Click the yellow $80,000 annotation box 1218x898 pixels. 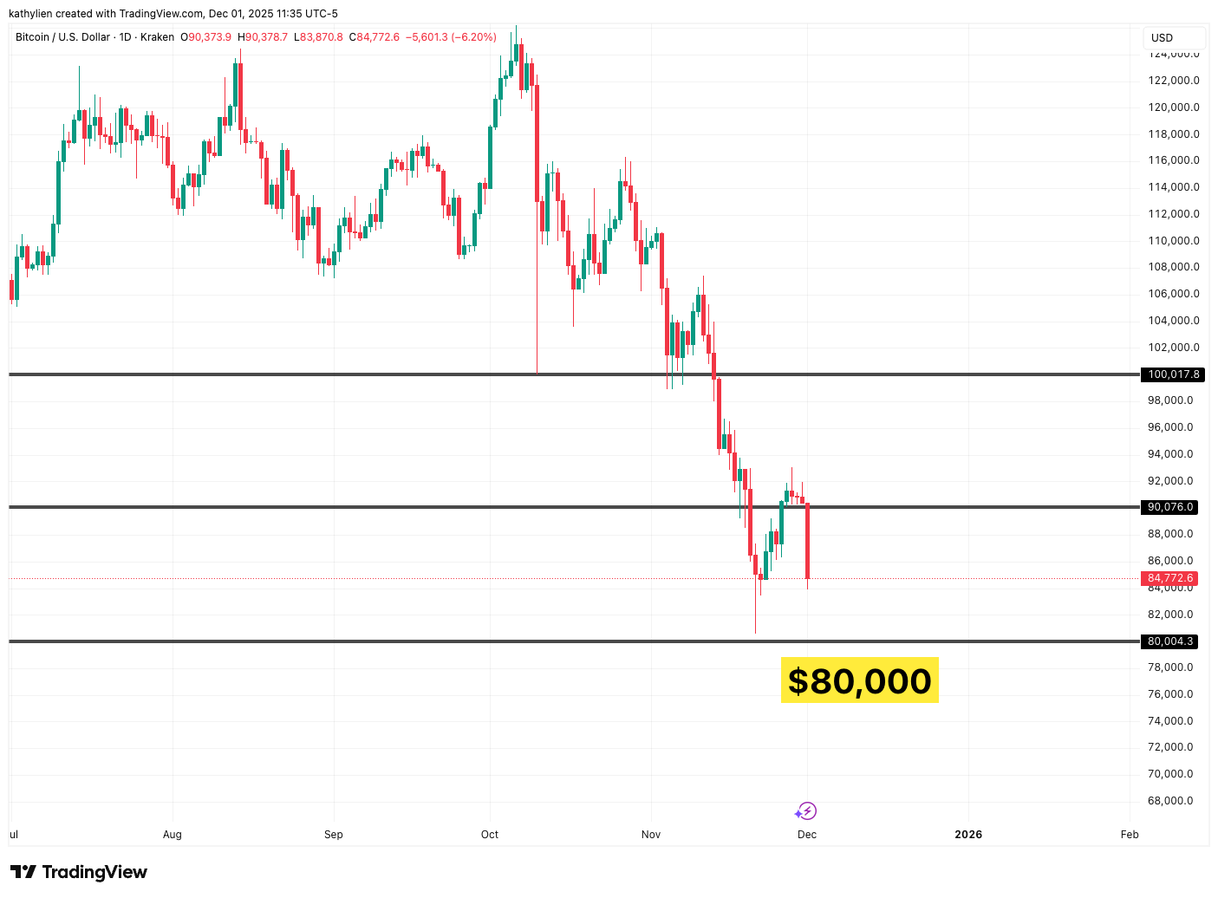click(859, 680)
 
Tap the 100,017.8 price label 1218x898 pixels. click(1173, 374)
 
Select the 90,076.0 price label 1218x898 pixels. click(1170, 507)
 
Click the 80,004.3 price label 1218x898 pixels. click(1170, 641)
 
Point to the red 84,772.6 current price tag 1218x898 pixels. click(1170, 578)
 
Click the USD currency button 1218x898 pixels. click(1162, 38)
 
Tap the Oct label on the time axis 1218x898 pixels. click(490, 835)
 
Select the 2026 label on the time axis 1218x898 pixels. click(968, 835)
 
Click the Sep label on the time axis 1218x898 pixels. click(334, 835)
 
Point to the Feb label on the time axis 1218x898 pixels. click(1129, 835)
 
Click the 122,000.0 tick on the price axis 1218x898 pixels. click(1174, 81)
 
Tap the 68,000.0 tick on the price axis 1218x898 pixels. click(1170, 801)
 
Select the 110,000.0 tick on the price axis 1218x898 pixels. click(1174, 241)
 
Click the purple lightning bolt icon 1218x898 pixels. click(807, 811)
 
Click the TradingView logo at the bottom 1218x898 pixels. click(79, 872)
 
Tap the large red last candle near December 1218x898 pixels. click(807, 542)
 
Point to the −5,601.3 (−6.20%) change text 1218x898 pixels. click(451, 37)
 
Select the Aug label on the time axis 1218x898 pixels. click(173, 835)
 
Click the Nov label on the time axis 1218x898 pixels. click(651, 835)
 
